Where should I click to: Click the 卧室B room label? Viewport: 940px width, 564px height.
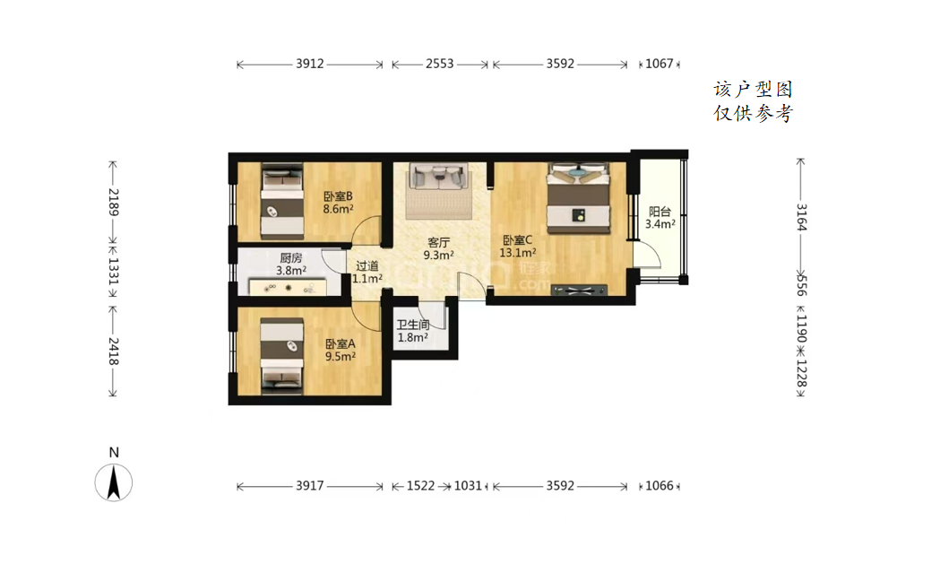click(x=338, y=196)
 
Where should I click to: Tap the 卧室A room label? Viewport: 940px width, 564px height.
click(x=341, y=343)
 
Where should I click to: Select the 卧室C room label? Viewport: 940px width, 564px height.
click(x=517, y=240)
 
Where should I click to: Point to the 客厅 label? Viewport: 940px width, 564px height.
click(x=438, y=242)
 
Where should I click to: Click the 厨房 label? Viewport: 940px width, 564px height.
click(x=290, y=258)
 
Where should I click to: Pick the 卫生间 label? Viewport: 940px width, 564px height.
click(x=413, y=325)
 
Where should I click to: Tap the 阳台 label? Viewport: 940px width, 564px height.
click(x=660, y=212)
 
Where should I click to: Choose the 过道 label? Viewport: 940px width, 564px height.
click(x=367, y=265)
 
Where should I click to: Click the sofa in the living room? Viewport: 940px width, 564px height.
click(x=438, y=177)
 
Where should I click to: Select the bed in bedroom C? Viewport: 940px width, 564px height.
click(x=579, y=198)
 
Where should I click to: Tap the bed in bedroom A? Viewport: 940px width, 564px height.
click(x=281, y=356)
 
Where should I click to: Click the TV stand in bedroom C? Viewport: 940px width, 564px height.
click(x=579, y=291)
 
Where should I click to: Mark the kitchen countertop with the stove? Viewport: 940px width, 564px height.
click(x=288, y=288)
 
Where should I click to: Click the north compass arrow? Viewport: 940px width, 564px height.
click(x=113, y=483)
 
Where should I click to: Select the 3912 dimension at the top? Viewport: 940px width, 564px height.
click(x=310, y=64)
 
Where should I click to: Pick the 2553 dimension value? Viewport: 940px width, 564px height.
click(x=440, y=64)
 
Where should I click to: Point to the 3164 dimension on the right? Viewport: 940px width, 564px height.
click(x=801, y=217)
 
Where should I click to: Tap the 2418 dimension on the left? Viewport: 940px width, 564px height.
click(x=113, y=351)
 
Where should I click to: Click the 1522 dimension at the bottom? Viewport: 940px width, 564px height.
click(x=421, y=485)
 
